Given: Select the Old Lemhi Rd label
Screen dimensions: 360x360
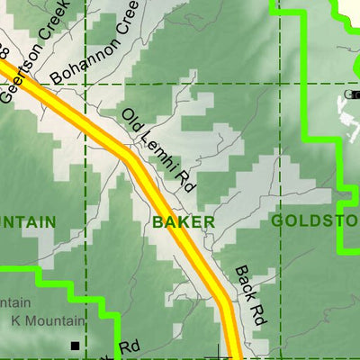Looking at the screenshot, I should (x=158, y=150).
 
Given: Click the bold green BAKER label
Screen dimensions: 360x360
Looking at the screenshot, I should (x=183, y=221).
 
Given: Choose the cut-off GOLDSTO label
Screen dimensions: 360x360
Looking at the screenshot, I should (x=314, y=220).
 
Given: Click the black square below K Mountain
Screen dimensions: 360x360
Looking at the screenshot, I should (x=76, y=345).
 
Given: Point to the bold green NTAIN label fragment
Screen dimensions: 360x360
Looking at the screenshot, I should (x=27, y=221).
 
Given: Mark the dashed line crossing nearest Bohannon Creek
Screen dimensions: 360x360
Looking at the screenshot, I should (x=85, y=84).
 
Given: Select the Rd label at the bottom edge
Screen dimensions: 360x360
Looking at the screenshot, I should (x=131, y=346).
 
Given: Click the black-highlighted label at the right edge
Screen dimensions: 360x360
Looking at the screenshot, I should (x=353, y=94).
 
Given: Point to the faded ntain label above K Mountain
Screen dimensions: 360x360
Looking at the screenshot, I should (x=16, y=302).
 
